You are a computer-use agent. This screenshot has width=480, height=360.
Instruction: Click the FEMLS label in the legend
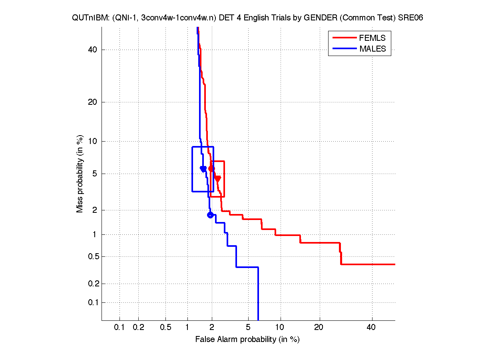tap(372, 38)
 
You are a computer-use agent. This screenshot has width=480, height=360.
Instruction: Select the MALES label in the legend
tap(372, 49)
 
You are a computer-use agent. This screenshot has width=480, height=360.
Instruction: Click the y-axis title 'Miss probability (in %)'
tap(80, 174)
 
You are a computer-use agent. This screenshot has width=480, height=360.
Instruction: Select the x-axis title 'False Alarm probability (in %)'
tap(247, 340)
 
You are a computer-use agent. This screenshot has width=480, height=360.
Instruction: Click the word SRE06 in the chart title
tap(410, 18)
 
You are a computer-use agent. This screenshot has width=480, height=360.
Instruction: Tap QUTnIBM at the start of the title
tap(85, 18)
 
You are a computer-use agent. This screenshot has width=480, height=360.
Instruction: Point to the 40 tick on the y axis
tap(93, 50)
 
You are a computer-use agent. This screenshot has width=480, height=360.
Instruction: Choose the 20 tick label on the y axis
tap(93, 102)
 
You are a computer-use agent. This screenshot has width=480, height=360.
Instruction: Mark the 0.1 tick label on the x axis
tap(120, 328)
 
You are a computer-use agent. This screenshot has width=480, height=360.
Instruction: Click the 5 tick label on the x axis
tap(248, 328)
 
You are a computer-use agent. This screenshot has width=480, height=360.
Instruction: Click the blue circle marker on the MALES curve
tap(210, 215)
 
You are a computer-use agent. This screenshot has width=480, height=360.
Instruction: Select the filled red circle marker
tap(211, 169)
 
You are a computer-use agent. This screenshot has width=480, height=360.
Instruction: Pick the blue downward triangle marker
tap(203, 169)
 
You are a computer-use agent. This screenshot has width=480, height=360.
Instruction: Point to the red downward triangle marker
tap(217, 179)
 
